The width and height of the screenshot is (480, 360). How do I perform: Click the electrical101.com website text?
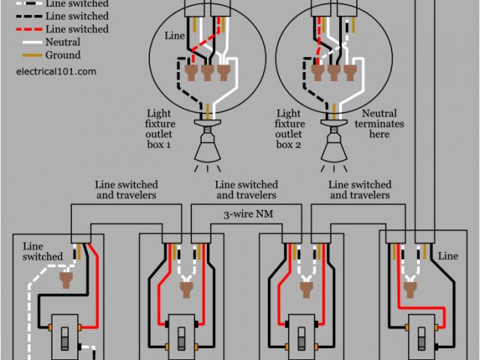55,71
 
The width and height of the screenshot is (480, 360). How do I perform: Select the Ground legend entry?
62,55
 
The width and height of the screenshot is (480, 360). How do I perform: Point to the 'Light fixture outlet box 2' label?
289,128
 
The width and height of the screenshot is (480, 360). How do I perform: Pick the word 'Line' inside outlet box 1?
174,35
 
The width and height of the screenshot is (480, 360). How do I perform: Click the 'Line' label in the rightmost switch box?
447,256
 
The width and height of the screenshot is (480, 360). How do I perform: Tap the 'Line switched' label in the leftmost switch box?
43,251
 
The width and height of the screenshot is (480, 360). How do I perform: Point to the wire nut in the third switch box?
305,283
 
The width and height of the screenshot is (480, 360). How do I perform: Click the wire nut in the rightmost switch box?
409,283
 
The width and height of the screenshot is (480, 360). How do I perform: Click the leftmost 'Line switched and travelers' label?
126,190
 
